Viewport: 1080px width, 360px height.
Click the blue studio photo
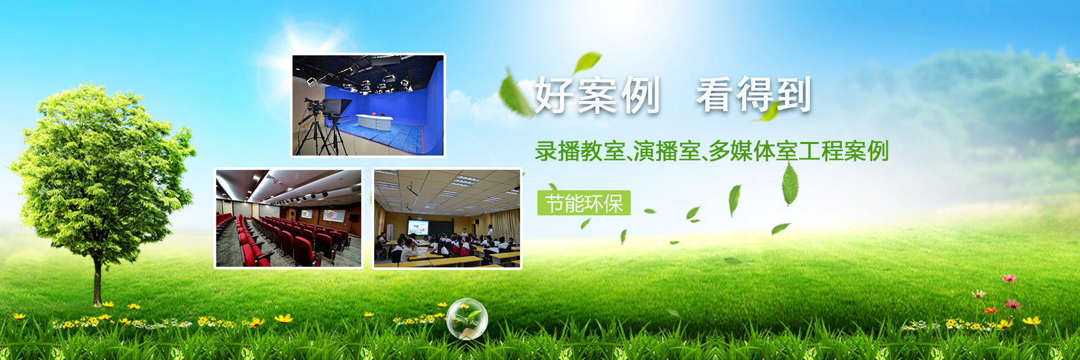(368, 105)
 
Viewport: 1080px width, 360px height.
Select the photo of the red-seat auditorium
(288, 218)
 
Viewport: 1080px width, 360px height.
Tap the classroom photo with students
(447, 218)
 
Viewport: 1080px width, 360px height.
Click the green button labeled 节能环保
(584, 203)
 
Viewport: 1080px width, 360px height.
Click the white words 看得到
(753, 95)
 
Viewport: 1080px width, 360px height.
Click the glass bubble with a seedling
(467, 319)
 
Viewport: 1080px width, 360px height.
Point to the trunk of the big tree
(98, 282)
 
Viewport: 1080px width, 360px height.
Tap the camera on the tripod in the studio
(314, 107)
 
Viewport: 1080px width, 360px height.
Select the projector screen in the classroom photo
(418, 227)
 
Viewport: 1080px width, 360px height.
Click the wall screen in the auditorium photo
(334, 215)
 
